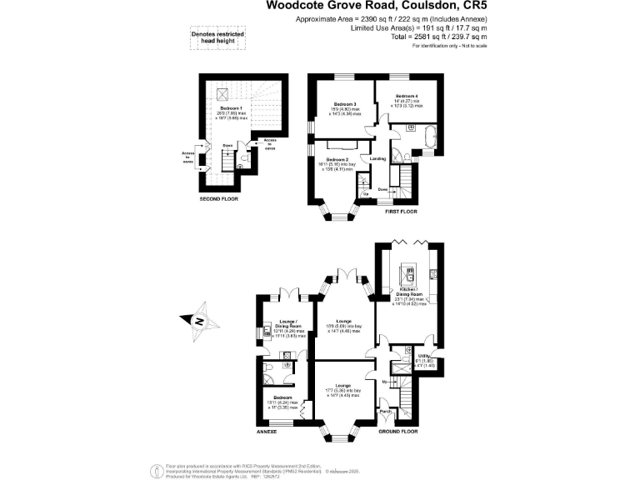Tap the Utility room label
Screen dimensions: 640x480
[422, 357]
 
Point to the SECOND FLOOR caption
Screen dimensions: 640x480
[219, 200]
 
